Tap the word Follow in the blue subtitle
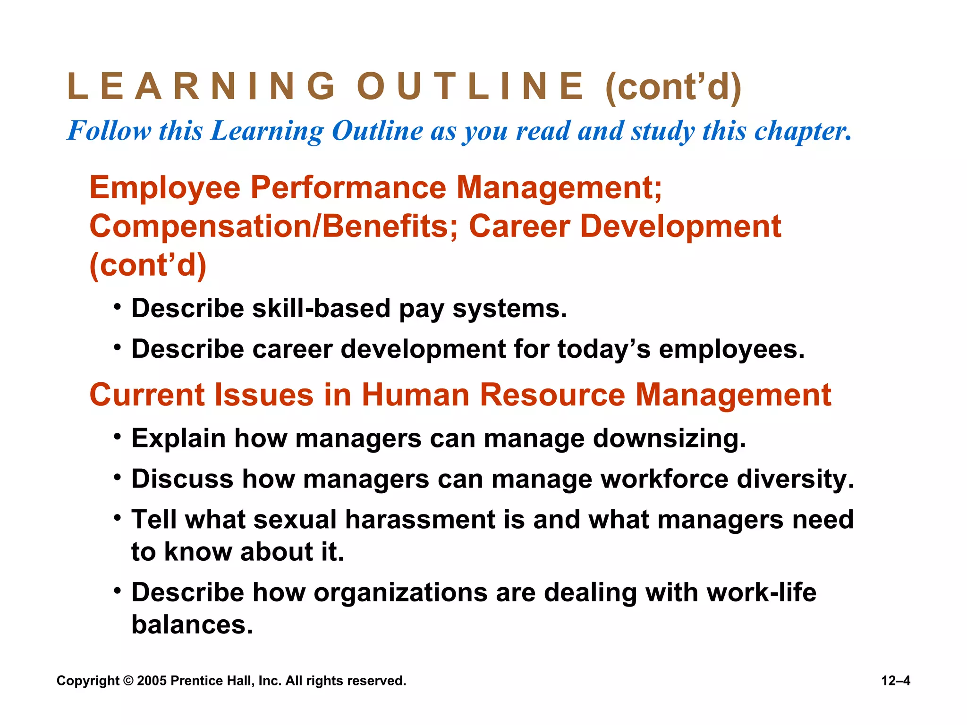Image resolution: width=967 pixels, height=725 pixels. pos(110,131)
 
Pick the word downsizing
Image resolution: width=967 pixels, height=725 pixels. pos(670,439)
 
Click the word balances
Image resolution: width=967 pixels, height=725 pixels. pos(192,625)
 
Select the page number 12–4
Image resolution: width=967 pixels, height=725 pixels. pos(896,681)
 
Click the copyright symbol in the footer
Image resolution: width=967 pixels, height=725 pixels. pos(128,681)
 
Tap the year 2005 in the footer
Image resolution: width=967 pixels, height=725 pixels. pos(152,681)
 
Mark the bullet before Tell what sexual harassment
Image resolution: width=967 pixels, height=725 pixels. pos(117,517)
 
